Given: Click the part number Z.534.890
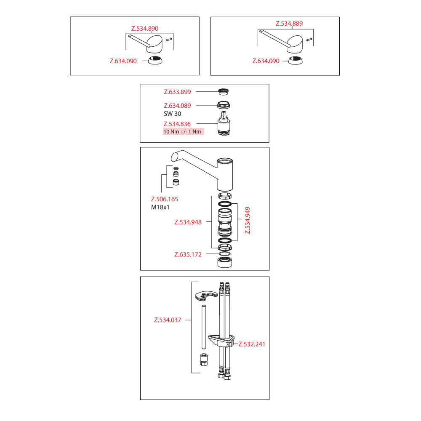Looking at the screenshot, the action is point(145,29).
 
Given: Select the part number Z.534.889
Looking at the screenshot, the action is point(289,23).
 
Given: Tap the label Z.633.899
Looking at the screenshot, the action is point(177,92).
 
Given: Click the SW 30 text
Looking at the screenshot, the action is point(172,114).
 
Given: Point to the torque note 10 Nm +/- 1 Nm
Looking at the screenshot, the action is point(182,131).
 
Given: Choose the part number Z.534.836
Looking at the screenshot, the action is point(177,124).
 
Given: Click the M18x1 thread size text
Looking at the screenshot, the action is point(160,207).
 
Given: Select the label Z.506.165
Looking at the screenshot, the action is point(164,199).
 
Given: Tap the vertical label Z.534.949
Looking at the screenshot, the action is point(248,220).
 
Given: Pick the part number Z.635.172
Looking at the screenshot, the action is point(188,255).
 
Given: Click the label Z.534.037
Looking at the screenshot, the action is point(168,320).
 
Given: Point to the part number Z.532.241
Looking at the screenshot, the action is point(252,344).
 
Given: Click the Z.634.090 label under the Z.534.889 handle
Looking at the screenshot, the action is point(266,61).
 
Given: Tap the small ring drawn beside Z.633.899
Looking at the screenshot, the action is point(223,91).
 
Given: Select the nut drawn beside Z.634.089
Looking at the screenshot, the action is point(224,105).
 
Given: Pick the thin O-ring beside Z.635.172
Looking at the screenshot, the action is point(224,254).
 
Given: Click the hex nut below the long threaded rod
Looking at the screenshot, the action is point(204,360).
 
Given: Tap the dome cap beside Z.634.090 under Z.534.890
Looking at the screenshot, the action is point(155,61).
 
